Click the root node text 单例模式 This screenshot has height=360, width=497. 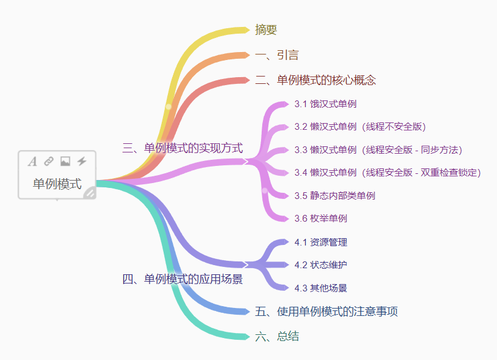pyautogui.click(x=57, y=184)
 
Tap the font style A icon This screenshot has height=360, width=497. pyautogui.click(x=32, y=162)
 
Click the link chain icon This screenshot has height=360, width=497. pyautogui.click(x=49, y=162)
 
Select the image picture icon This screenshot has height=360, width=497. pyautogui.click(x=65, y=162)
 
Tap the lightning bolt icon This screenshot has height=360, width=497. pyautogui.click(x=82, y=162)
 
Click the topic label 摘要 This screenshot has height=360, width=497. pyautogui.click(x=266, y=29)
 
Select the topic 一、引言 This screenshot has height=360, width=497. pyautogui.click(x=277, y=55)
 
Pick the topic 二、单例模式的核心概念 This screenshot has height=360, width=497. pyautogui.click(x=315, y=80)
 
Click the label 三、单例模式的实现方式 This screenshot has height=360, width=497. pyautogui.click(x=183, y=148)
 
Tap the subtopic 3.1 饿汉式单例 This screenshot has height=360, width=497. pyautogui.click(x=325, y=103)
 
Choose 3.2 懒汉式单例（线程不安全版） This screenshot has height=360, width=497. pyautogui.click(x=360, y=127)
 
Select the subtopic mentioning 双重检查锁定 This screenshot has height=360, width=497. pyautogui.click(x=387, y=173)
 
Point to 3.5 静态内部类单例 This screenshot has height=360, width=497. pyautogui.click(x=335, y=196)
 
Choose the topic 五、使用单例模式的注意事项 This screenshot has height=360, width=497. pyautogui.click(x=326, y=312)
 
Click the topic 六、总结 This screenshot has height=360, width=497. pyautogui.click(x=277, y=337)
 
